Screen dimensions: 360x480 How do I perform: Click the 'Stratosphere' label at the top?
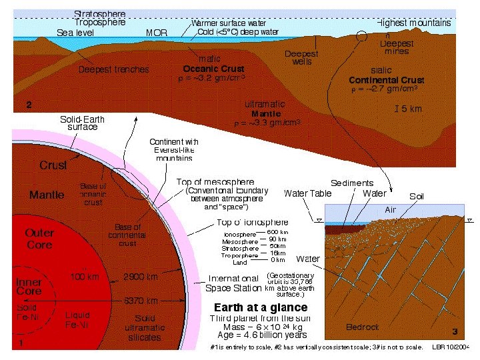pos(99,13)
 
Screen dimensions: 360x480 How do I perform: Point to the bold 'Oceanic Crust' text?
pos(213,69)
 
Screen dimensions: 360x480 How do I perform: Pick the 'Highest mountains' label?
pos(414,23)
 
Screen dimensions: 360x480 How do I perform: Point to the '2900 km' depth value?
pos(140,277)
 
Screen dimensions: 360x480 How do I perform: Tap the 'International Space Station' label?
pos(233,283)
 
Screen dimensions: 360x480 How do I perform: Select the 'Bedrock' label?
pos(363,327)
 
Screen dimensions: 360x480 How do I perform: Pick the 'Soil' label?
pos(417,196)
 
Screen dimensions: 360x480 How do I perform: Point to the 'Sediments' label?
pos(352,183)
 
